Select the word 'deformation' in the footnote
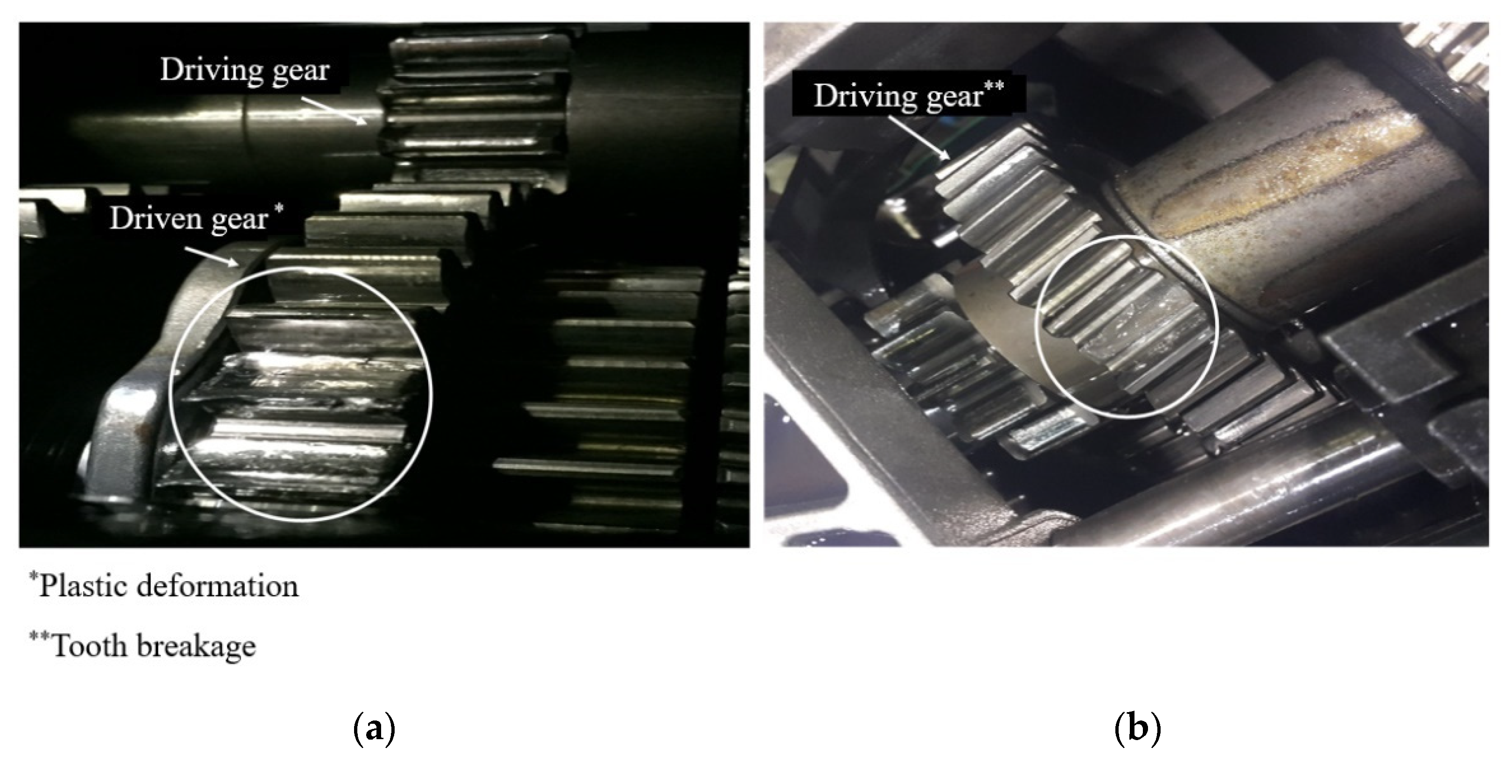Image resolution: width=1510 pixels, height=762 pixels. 217,586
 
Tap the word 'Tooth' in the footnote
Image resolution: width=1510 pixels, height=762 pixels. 89,646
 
